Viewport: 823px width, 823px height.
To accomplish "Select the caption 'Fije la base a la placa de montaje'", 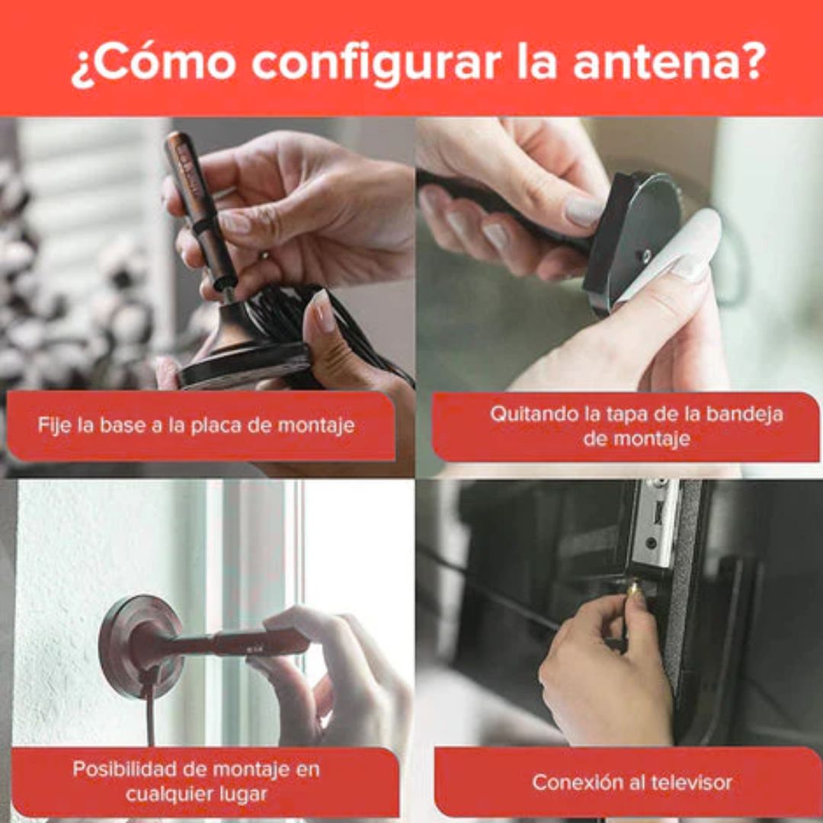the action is pos(197,424).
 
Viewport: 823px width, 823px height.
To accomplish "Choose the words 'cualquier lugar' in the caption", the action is pos(197,793).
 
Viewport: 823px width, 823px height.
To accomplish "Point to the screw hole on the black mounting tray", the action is pos(647,255).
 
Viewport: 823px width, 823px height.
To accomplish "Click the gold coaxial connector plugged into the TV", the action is pos(633,588).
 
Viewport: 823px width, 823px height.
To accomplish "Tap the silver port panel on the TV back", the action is pos(655,523).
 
